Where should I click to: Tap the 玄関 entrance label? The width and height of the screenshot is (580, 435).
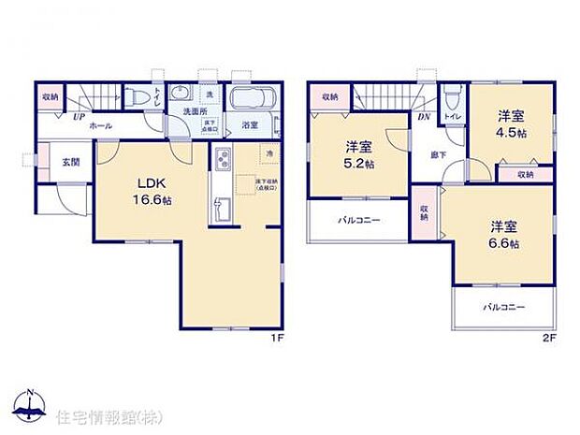coord(71,163)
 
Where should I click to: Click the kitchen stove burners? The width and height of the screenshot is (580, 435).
coord(224,161)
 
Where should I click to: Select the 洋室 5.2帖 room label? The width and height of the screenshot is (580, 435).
coord(358,153)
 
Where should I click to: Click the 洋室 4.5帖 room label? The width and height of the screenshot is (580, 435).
coord(511,123)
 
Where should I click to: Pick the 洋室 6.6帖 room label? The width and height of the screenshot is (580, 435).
coord(503,235)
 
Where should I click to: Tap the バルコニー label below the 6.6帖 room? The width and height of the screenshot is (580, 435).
coord(503,307)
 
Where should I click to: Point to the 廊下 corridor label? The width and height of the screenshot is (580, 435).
coord(437,154)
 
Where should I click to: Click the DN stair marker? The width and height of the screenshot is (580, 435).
coord(423,116)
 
